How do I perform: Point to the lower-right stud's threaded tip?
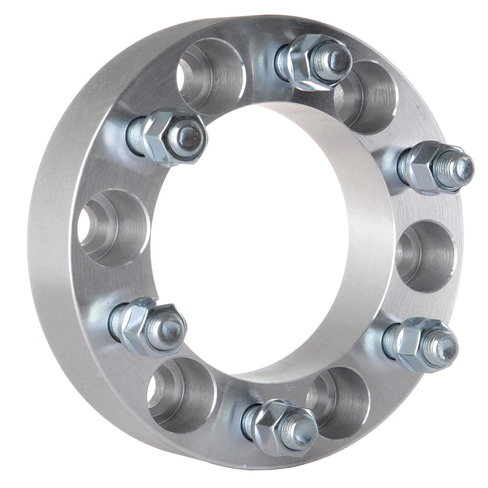pyautogui.click(x=448, y=348)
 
